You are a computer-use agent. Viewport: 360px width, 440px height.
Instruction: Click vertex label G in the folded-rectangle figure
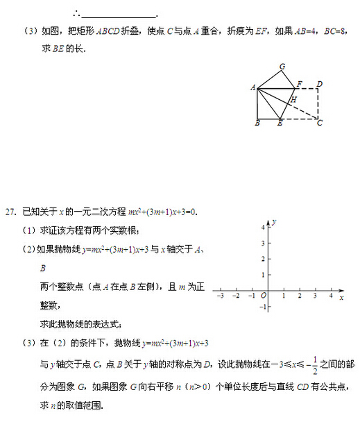click(282, 67)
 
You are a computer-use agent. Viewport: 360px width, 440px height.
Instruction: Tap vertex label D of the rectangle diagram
click(319, 85)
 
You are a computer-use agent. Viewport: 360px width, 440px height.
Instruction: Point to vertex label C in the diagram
click(320, 123)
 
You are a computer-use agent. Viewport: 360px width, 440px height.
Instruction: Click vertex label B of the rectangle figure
click(257, 123)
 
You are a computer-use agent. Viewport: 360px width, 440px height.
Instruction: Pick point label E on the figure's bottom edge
click(280, 124)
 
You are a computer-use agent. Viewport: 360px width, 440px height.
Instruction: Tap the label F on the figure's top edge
click(299, 84)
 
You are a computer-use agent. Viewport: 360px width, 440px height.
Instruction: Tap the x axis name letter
click(341, 297)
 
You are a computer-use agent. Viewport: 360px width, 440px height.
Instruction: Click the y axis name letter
click(275, 221)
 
